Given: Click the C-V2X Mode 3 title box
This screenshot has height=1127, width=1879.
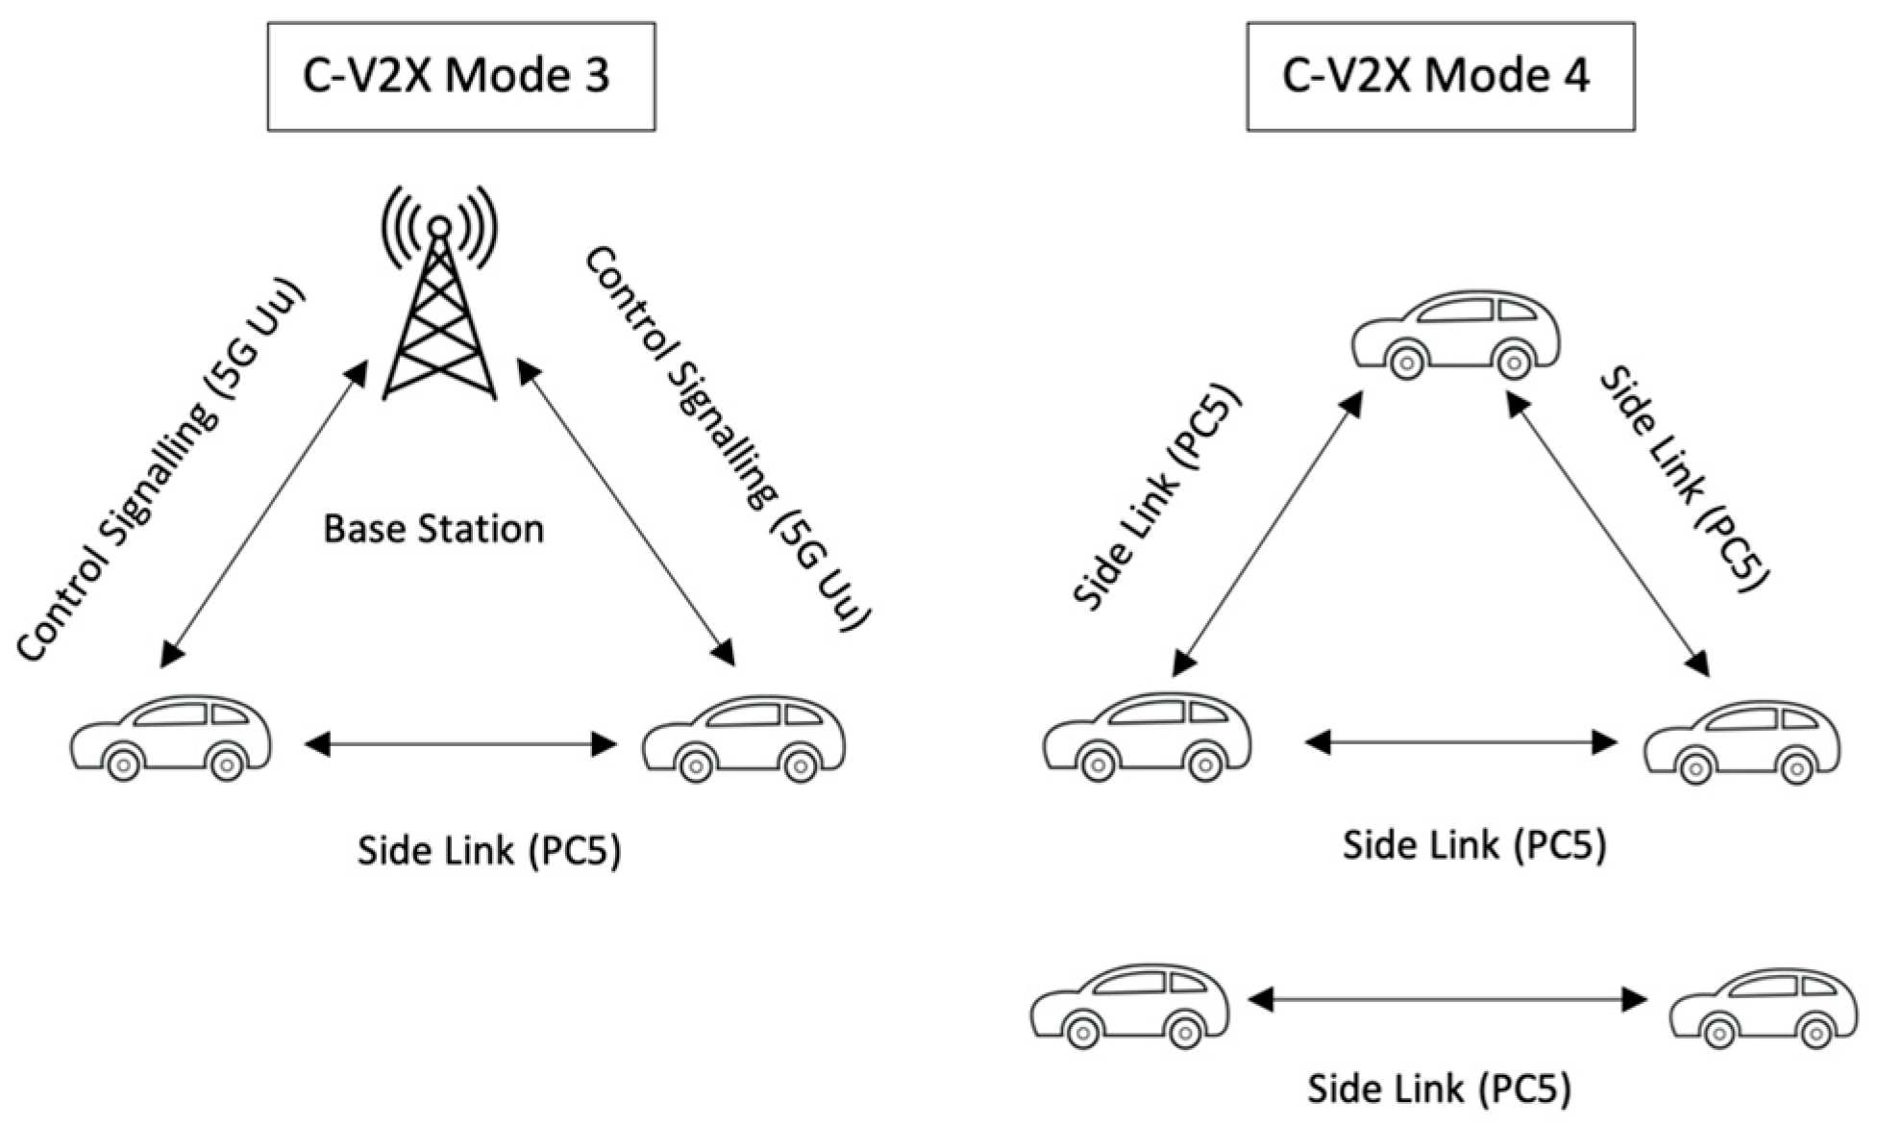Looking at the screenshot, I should [460, 77].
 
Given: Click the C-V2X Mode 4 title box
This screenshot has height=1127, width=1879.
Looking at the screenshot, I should [1440, 77].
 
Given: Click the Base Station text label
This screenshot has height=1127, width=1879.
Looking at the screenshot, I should [433, 530].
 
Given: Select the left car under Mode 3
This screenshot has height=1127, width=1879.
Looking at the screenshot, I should [171, 739].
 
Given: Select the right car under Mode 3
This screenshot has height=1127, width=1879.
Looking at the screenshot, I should [744, 739].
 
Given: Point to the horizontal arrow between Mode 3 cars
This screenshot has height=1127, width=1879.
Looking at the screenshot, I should [460, 743].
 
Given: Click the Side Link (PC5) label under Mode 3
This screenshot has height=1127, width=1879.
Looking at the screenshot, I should [489, 851].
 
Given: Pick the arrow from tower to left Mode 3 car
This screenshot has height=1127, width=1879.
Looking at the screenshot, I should [264, 513].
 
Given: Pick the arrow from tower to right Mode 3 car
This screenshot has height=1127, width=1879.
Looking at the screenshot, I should [626, 513].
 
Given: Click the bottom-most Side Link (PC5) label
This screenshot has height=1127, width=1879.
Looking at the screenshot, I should [1439, 1089].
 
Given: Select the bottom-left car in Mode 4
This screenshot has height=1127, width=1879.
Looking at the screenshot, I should [1129, 1006].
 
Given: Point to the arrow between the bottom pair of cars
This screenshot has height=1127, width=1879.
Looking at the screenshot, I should [1448, 1000].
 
